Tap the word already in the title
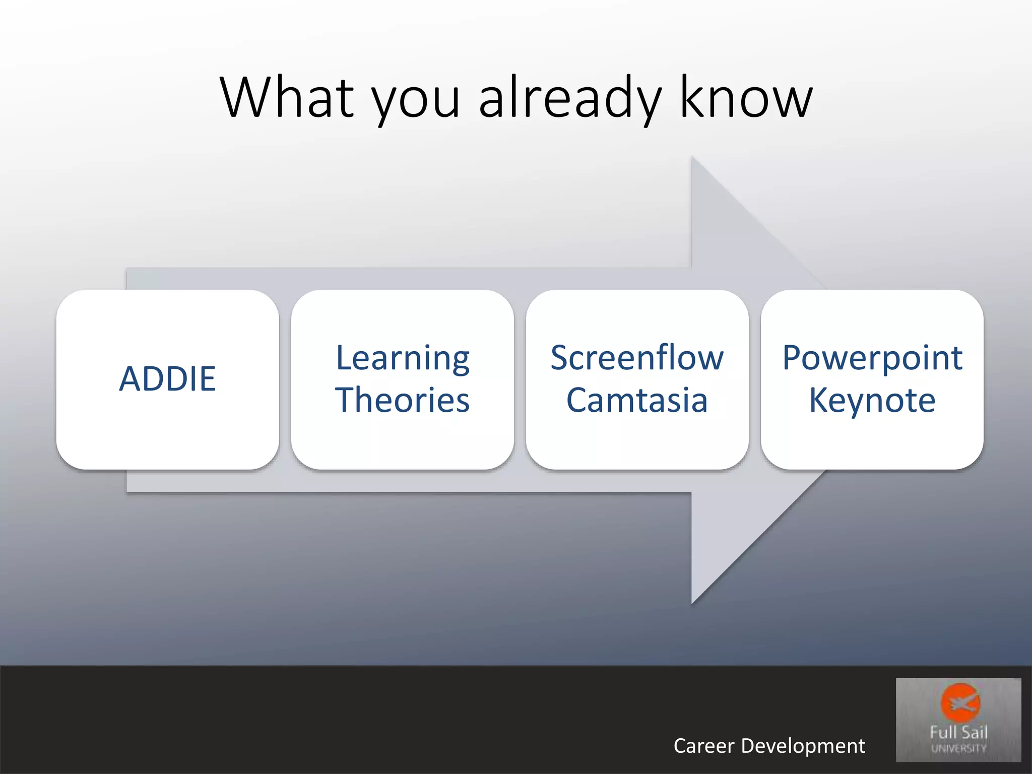[x=570, y=99]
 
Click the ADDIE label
[x=168, y=378]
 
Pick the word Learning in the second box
[x=403, y=359]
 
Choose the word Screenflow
[x=637, y=357]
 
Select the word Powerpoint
[x=872, y=359]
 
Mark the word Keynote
[x=872, y=401]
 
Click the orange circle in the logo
[x=960, y=702]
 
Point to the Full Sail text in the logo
[x=958, y=732]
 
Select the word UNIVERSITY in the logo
[x=958, y=748]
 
